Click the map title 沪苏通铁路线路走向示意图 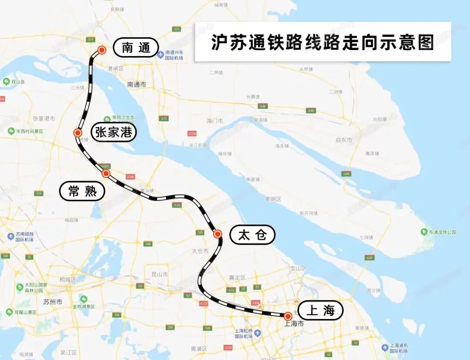322,42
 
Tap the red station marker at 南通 102,50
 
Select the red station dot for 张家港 78,133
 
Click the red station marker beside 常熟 106,174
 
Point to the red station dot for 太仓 218,234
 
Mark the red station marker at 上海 288,316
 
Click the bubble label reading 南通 135,47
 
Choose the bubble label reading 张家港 114,132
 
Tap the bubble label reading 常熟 82,191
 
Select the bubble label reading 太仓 252,235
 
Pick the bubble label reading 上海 320,310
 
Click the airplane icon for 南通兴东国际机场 161,55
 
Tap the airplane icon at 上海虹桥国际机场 258,333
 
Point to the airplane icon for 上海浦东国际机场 385,347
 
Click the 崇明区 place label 273,199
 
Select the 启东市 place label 344,140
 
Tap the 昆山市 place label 159,274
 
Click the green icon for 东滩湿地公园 424,232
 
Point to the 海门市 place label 215,121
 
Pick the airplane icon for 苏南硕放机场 11,236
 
